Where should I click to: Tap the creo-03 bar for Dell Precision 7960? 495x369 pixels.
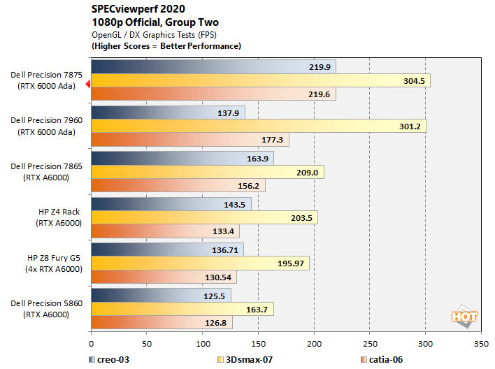pos(168,112)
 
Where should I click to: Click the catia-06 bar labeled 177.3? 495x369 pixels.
pos(189,140)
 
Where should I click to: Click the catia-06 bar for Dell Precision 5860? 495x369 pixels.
pos(162,323)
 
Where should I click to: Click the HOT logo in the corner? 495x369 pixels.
pos(464,317)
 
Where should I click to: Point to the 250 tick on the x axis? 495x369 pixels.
pos(370,345)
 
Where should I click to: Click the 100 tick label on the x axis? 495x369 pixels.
pos(203,345)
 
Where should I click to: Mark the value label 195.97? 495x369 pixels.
pos(293,263)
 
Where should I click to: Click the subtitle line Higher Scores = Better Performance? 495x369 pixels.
pos(166,45)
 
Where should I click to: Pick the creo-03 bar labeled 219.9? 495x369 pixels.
pos(213,66)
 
